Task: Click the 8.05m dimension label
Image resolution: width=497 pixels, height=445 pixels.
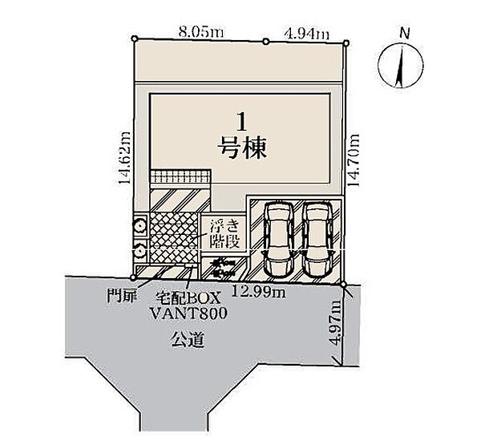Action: click(x=201, y=32)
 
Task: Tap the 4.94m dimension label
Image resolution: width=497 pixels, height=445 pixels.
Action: click(x=307, y=34)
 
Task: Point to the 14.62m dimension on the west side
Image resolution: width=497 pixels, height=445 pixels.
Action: click(x=124, y=157)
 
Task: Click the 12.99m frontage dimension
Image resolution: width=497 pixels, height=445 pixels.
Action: click(x=259, y=292)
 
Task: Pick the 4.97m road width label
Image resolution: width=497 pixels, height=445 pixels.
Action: click(x=335, y=322)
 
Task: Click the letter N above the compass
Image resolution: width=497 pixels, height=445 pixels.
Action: click(x=404, y=33)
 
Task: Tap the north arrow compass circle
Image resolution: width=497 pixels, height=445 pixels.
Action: click(x=401, y=66)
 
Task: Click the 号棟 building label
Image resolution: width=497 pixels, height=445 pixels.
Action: click(x=242, y=148)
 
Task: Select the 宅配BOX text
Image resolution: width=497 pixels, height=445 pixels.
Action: click(x=188, y=298)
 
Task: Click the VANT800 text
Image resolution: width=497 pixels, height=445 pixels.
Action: click(x=188, y=314)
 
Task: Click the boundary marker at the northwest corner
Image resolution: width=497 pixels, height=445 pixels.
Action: click(x=135, y=38)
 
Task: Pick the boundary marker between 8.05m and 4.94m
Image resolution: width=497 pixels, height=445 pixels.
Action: click(x=266, y=41)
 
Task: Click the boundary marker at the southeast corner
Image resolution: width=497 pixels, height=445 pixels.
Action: click(x=343, y=285)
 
